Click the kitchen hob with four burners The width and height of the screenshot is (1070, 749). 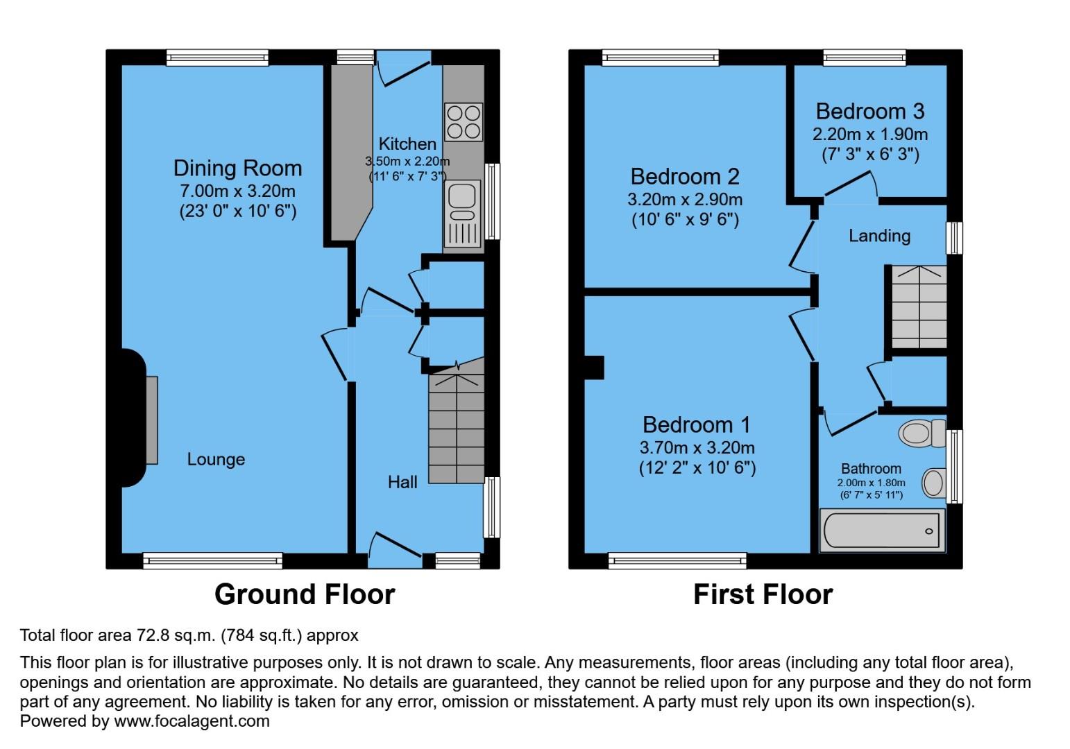pyautogui.click(x=464, y=122)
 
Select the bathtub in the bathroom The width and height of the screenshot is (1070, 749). pyautogui.click(x=882, y=531)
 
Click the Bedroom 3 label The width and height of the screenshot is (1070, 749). pyautogui.click(x=869, y=111)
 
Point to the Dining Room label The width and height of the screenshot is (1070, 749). pyautogui.click(x=237, y=169)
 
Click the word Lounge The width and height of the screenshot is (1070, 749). pyautogui.click(x=216, y=459)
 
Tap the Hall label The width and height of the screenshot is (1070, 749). pyautogui.click(x=402, y=482)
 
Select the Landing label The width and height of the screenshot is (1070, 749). pyautogui.click(x=879, y=236)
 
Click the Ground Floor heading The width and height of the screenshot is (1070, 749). pyautogui.click(x=305, y=594)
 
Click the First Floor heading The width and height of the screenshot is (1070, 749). pyautogui.click(x=763, y=594)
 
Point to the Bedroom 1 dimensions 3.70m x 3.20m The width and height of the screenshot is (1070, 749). pyautogui.click(x=697, y=448)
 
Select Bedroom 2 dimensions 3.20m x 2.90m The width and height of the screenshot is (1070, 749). pyautogui.click(x=684, y=200)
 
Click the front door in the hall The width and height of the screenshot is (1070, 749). pyautogui.click(x=396, y=546)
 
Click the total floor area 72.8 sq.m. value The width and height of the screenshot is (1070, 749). pyautogui.click(x=176, y=635)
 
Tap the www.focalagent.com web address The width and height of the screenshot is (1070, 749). pyautogui.click(x=192, y=721)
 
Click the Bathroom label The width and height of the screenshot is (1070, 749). pyautogui.click(x=871, y=469)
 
